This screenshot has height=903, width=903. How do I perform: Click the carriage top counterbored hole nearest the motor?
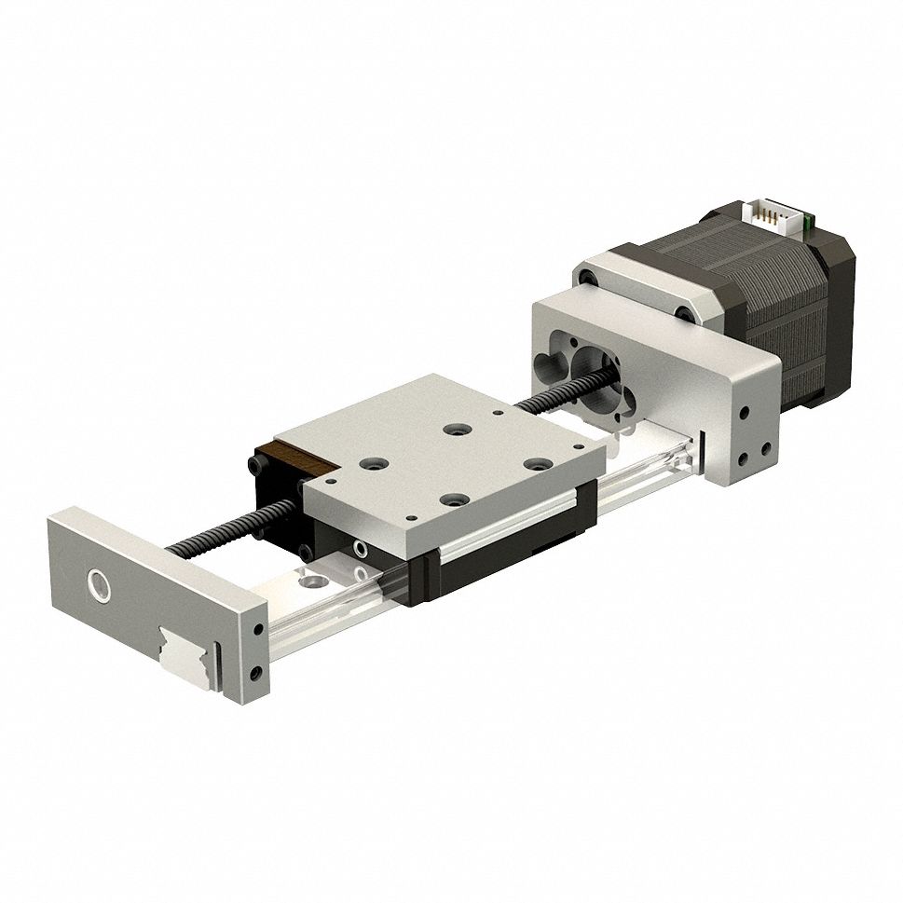pyautogui.click(x=456, y=430)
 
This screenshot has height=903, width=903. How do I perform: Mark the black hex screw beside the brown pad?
pyautogui.click(x=255, y=463)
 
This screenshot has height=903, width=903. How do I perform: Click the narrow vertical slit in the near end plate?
pyautogui.click(x=217, y=665)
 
